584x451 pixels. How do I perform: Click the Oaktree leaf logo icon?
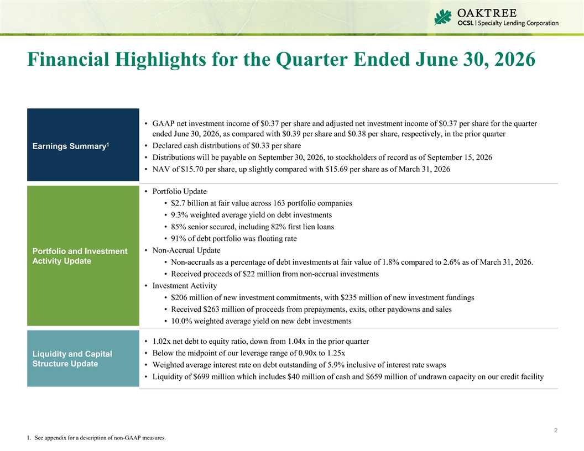443,17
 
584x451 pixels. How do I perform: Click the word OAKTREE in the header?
487,13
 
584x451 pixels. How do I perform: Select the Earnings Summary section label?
70,146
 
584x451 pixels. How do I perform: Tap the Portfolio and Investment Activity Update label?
80,256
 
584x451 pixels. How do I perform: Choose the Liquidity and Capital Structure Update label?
72,359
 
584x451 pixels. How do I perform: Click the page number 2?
556,430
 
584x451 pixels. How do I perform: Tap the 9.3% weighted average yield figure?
180,214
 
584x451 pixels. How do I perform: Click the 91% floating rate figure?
178,239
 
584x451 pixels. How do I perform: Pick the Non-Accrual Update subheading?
186,250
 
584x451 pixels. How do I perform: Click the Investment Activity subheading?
184,286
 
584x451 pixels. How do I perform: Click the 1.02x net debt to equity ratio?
161,341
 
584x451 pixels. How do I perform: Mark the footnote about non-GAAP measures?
96,438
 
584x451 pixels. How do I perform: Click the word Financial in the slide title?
69,59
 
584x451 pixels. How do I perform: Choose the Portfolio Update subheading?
179,191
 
